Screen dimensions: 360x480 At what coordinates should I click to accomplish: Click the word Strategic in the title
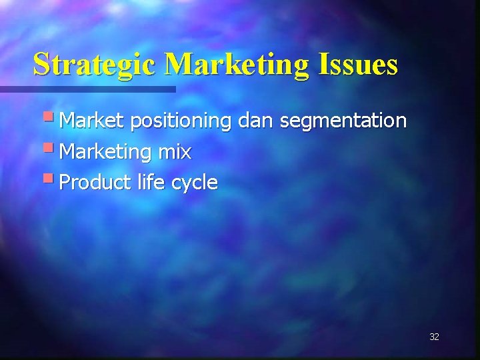coord(95,65)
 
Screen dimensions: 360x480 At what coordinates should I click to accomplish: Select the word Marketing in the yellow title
coord(236,65)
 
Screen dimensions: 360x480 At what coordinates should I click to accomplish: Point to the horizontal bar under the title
coord(87,89)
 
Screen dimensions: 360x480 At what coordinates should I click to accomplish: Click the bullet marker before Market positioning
coord(50,118)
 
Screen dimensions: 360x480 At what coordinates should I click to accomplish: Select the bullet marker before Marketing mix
coord(50,149)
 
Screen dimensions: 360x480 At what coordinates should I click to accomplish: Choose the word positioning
coord(181,121)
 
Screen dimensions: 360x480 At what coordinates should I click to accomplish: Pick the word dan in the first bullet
coord(255,121)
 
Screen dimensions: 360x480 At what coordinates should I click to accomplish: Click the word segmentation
coord(343,121)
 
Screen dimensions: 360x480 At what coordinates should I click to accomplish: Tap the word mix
coord(175,152)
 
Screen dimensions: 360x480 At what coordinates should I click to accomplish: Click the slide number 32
coord(434,337)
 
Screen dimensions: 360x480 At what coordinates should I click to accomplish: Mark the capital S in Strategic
coord(41,65)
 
